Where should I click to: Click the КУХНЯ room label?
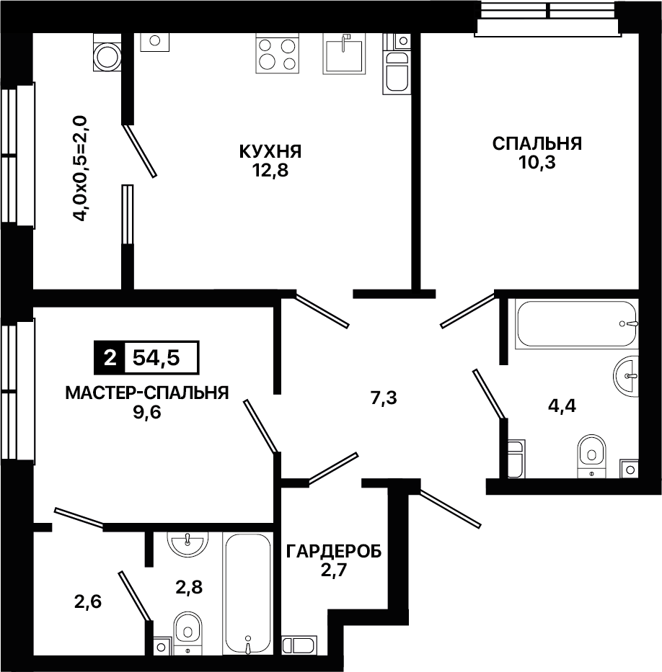[x=270, y=151]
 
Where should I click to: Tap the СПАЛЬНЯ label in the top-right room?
[x=537, y=143]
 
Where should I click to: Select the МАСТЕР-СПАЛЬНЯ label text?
[x=146, y=393]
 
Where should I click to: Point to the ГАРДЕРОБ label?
[x=334, y=552]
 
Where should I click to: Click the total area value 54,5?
[x=156, y=357]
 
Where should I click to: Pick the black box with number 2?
[x=110, y=357]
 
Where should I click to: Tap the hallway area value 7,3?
[x=384, y=398]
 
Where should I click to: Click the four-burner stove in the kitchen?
[x=277, y=55]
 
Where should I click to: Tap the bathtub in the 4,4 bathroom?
[x=578, y=323]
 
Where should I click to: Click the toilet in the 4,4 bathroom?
[x=591, y=456]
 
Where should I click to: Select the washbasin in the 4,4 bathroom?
[x=627, y=376]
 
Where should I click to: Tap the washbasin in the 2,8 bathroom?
[x=187, y=543]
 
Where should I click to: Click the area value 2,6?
[x=87, y=602]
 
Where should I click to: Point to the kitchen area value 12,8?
[x=270, y=171]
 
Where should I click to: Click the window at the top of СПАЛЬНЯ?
[x=549, y=18]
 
